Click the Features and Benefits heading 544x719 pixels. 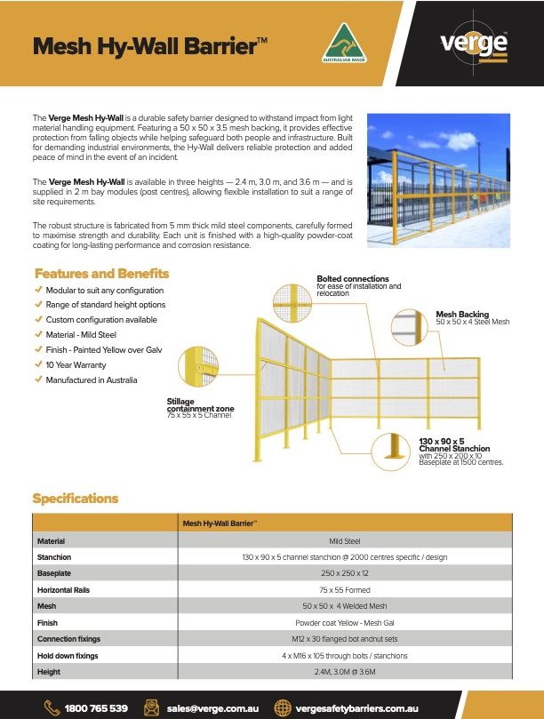click(97, 274)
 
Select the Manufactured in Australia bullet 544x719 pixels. click(92, 379)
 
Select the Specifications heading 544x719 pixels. click(75, 499)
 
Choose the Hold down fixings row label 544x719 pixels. click(68, 656)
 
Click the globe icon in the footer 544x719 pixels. click(283, 707)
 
